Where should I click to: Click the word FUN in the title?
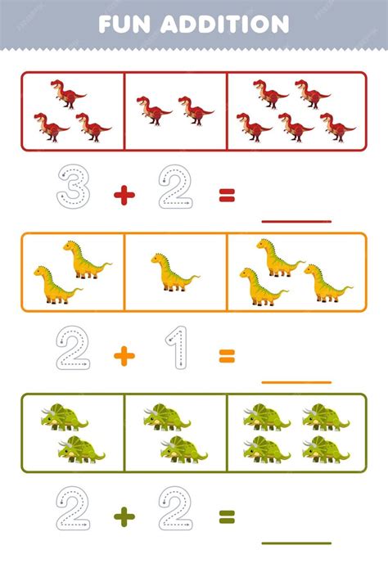(x=124, y=25)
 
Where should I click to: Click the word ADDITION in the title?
(x=225, y=25)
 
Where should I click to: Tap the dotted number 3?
(x=74, y=187)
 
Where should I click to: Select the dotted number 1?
(x=177, y=347)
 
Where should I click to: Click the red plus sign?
(x=124, y=196)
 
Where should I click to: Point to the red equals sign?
(x=227, y=195)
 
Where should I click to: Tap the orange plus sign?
(x=124, y=356)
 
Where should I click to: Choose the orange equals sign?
(x=227, y=356)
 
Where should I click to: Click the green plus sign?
(x=124, y=517)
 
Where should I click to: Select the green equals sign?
(x=227, y=516)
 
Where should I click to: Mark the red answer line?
(x=296, y=221)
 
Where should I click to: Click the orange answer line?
(x=296, y=382)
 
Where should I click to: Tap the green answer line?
(x=296, y=543)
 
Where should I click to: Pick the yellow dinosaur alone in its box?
(x=174, y=273)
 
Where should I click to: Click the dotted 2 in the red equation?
(x=176, y=187)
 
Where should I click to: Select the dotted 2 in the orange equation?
(x=73, y=347)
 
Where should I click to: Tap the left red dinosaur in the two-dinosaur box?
(x=154, y=110)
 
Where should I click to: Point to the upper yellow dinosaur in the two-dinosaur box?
(x=87, y=259)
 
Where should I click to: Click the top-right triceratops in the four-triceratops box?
(x=326, y=417)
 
